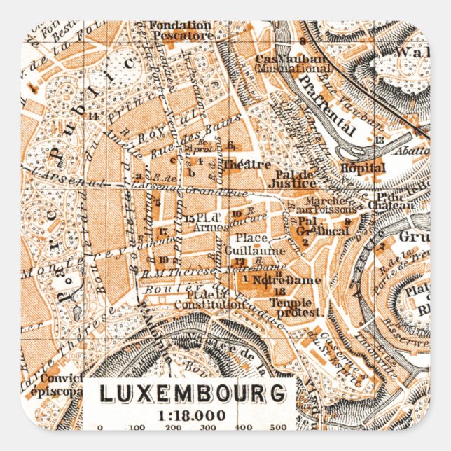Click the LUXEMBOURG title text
click(x=192, y=394)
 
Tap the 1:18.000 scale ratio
click(x=192, y=415)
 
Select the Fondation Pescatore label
click(x=180, y=29)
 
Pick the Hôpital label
click(x=363, y=168)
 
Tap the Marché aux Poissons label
click(x=333, y=205)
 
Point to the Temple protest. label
click(x=298, y=305)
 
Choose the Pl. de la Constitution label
click(x=200, y=300)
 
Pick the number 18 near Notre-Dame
click(x=281, y=291)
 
